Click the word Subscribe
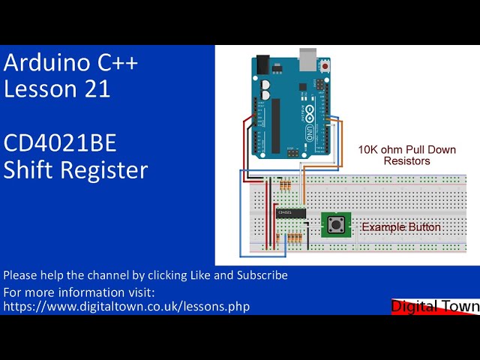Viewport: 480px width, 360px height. point(262,275)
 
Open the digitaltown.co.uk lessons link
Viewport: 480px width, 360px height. point(127,306)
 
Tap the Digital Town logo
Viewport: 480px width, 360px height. point(435,306)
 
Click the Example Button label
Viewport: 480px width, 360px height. point(401,226)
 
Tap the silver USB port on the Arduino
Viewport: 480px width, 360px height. point(308,58)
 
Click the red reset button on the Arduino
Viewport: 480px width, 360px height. point(325,67)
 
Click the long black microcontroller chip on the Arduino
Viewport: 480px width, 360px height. point(275,123)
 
